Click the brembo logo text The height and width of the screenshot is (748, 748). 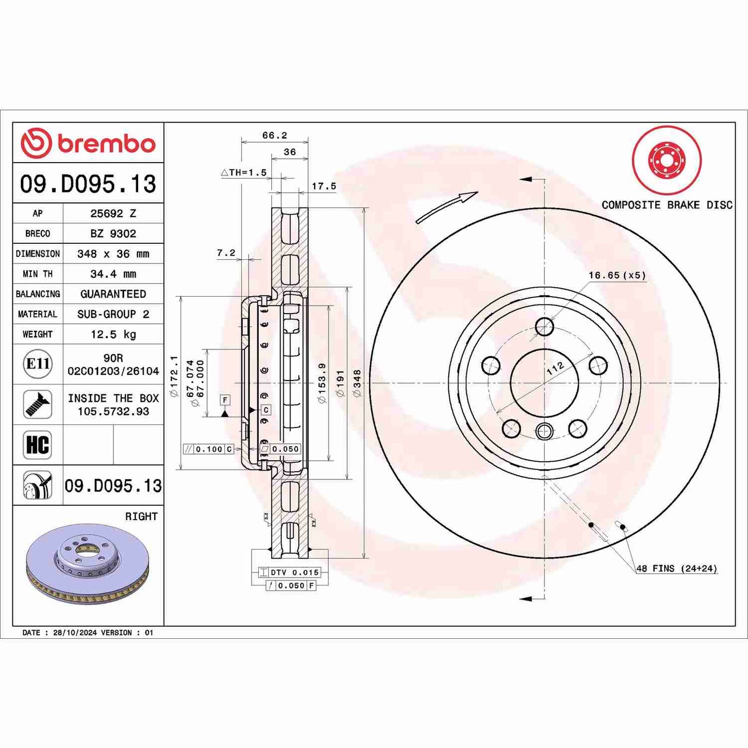[x=106, y=143]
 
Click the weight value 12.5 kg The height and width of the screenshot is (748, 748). [x=113, y=334]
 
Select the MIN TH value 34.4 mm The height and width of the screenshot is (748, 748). [x=113, y=274]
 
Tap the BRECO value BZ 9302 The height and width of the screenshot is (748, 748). [x=113, y=233]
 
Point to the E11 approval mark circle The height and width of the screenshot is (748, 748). [x=38, y=364]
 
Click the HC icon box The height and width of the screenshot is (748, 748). [x=38, y=445]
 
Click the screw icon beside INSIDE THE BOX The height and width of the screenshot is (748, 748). [x=38, y=404]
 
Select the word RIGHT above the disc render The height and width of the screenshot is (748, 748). [x=141, y=516]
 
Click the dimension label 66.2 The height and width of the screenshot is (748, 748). [x=274, y=135]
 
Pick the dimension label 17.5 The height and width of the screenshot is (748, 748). [x=324, y=186]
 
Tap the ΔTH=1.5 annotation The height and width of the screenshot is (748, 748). [x=244, y=172]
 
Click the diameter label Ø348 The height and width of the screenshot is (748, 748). [x=357, y=383]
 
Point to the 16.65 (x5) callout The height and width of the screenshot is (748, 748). [x=617, y=275]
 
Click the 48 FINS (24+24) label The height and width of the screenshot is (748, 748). [x=676, y=568]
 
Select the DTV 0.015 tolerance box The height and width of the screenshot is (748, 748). [x=290, y=573]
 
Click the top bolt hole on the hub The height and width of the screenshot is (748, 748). [x=544, y=327]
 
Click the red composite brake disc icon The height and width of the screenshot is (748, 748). [x=666, y=160]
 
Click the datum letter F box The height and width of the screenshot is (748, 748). [x=225, y=400]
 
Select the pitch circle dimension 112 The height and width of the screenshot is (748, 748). [x=555, y=369]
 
